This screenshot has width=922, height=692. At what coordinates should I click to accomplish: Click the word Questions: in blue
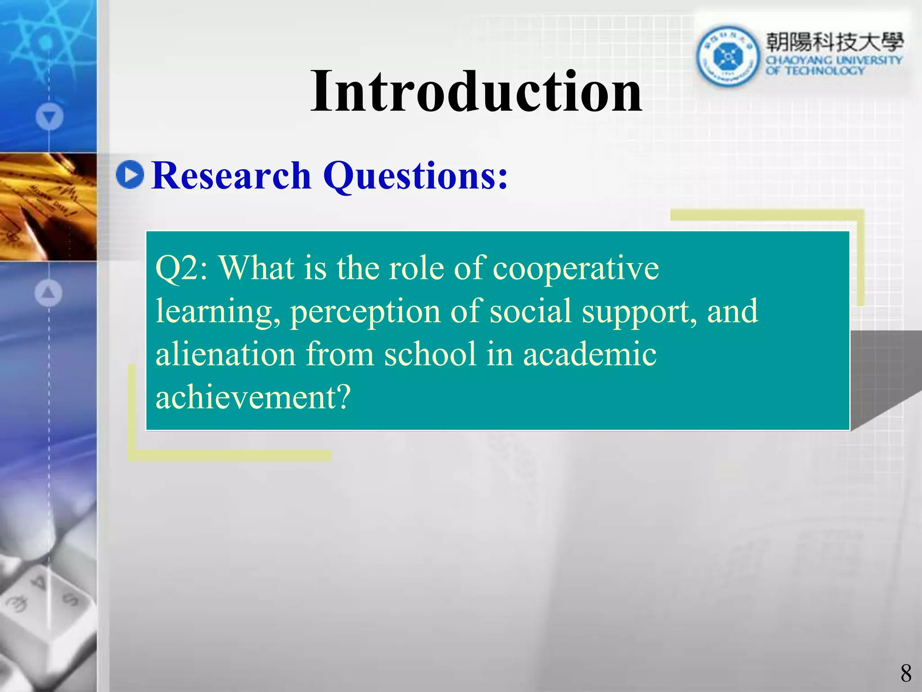click(415, 177)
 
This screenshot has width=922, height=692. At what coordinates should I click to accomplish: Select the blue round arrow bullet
click(130, 174)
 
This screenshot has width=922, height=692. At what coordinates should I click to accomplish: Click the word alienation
click(226, 354)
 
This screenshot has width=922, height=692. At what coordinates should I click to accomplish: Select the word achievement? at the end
click(253, 397)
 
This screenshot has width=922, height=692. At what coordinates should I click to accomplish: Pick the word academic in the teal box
click(589, 354)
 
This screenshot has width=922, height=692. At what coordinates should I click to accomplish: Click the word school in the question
click(430, 354)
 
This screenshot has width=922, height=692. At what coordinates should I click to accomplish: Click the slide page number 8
click(906, 674)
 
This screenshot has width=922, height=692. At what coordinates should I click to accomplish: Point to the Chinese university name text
click(834, 42)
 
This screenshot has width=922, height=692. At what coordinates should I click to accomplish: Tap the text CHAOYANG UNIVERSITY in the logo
click(834, 60)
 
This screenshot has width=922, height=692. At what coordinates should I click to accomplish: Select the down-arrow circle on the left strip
click(49, 117)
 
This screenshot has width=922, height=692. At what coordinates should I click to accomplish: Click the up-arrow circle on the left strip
click(48, 292)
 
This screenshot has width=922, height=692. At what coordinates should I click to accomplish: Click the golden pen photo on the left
click(48, 207)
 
